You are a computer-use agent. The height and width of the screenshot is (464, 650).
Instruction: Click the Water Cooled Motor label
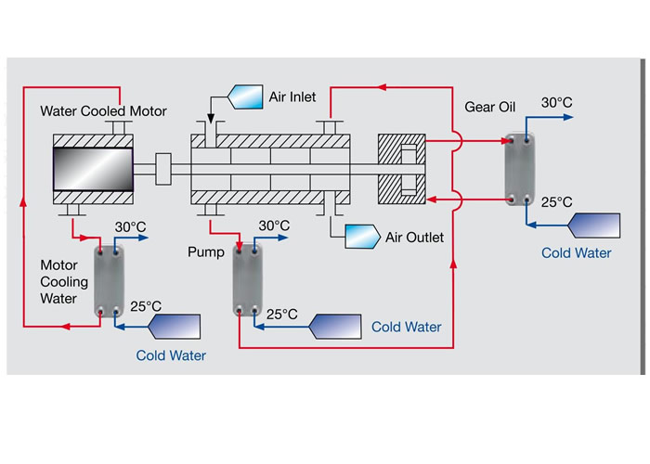coord(103,112)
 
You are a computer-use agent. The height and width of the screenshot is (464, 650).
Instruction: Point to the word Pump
coord(205,251)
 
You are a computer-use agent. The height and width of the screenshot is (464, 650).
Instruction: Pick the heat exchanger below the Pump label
coord(246,280)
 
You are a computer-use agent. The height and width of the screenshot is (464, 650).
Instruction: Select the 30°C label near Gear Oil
coord(557,103)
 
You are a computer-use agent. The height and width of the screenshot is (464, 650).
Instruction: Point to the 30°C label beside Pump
coord(274,226)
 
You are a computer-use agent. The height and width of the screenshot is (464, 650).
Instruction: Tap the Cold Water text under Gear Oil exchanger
coord(578,252)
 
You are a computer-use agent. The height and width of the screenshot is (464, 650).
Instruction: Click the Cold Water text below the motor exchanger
coord(171,355)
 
